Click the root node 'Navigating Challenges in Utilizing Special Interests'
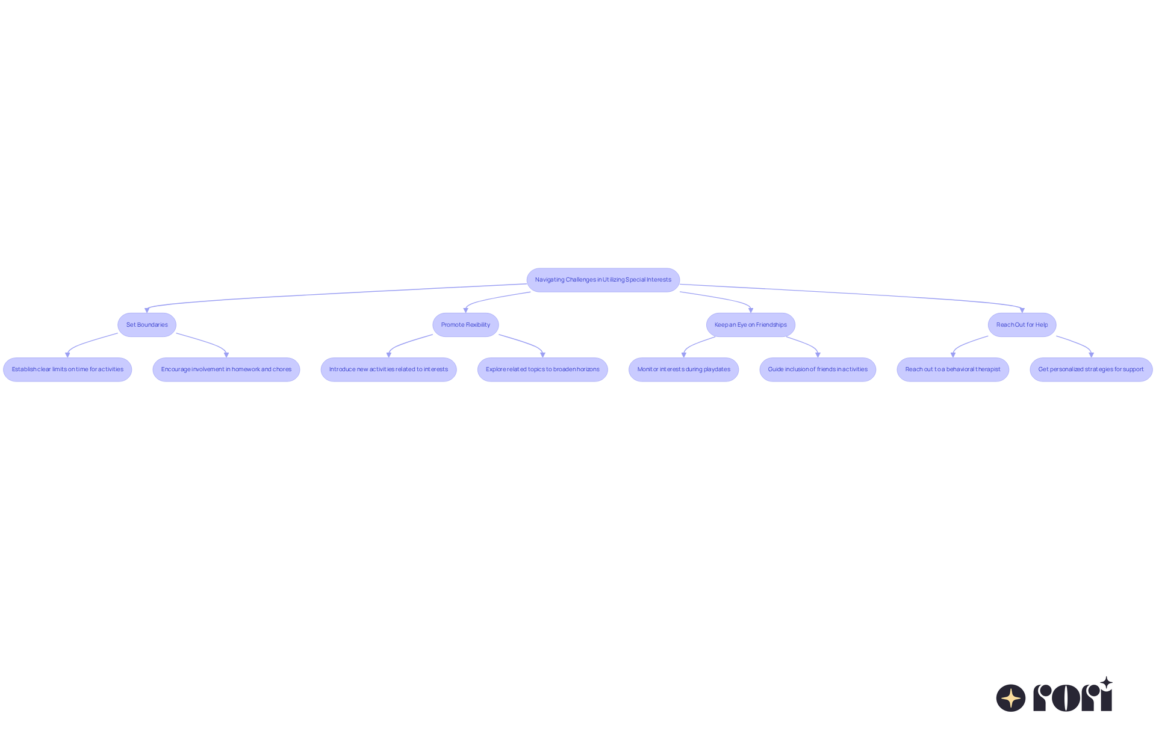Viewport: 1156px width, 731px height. (603, 280)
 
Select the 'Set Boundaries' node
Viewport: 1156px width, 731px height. (147, 325)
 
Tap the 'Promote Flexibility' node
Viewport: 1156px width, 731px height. (465, 325)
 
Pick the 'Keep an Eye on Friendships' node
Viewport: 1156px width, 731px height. (750, 325)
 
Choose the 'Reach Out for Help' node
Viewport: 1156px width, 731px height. (1022, 325)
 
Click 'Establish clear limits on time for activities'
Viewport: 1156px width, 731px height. (67, 369)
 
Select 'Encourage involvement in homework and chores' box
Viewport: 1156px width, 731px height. (226, 369)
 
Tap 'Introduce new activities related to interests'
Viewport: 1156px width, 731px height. (388, 369)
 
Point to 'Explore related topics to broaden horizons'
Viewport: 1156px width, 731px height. (542, 369)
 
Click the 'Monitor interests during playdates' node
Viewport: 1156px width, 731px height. (683, 369)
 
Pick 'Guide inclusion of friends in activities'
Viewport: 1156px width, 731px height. (818, 369)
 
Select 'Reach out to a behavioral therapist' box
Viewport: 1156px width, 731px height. (952, 369)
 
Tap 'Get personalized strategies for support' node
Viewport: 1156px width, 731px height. (1091, 369)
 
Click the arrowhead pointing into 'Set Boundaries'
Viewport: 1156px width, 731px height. (147, 310)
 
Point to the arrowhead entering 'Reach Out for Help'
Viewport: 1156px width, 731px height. (1022, 310)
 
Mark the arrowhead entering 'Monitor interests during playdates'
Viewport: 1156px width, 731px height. (683, 355)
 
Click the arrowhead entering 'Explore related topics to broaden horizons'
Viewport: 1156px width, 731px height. (542, 355)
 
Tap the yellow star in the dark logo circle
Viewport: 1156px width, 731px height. (1011, 699)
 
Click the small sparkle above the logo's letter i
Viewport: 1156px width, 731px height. (1106, 683)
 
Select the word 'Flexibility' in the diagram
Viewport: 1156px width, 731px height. (478, 325)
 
